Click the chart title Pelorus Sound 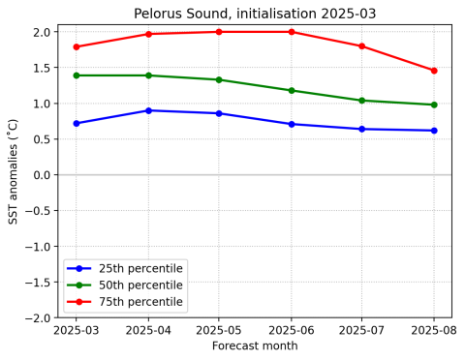click(x=255, y=14)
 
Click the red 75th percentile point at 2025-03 click(x=77, y=46)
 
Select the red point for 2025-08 click(x=434, y=71)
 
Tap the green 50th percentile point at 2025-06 click(x=291, y=90)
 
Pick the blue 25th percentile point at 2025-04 click(x=148, y=110)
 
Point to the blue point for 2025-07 click(x=362, y=129)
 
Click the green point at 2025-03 click(x=77, y=75)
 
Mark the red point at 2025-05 click(x=219, y=32)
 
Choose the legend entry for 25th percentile click(x=139, y=268)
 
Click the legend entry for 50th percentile click(x=139, y=285)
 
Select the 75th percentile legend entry click(x=139, y=302)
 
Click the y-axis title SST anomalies click(x=14, y=171)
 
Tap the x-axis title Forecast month click(x=255, y=346)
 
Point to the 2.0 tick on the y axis click(x=41, y=32)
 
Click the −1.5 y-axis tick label click(x=37, y=283)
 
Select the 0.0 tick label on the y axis click(x=41, y=175)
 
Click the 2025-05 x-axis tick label click(x=219, y=331)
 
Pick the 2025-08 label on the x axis click(x=434, y=331)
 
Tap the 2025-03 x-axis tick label click(x=77, y=331)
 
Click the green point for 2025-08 click(x=434, y=105)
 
